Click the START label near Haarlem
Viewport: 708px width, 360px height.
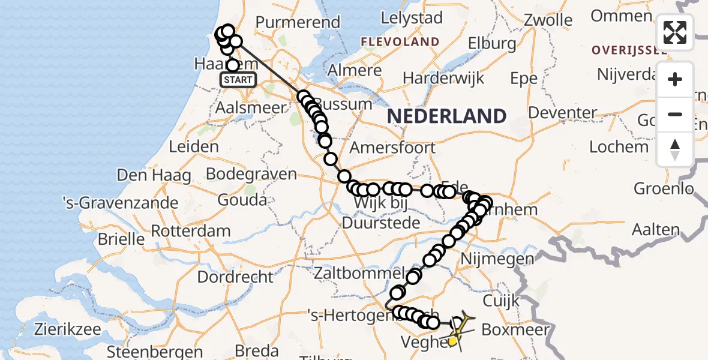point(238,80)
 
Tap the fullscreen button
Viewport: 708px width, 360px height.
point(675,32)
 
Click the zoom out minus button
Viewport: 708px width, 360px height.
point(675,114)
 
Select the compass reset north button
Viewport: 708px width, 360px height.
point(675,149)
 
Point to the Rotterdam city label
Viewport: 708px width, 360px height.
point(190,231)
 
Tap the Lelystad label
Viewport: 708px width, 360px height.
point(412,18)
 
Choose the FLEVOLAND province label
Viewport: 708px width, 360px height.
point(400,42)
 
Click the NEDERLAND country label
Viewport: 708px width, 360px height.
point(446,116)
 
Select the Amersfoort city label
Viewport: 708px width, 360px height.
point(392,148)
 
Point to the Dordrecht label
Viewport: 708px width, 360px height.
point(235,277)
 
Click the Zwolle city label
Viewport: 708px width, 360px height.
point(548,19)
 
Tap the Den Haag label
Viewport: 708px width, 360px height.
point(154,176)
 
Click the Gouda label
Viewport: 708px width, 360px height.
point(242,200)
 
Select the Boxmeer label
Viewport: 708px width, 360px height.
point(515,330)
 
